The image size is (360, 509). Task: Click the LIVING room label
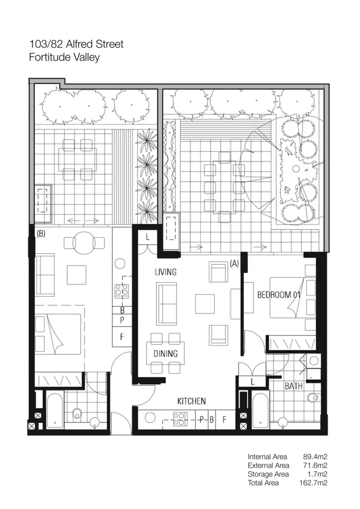coord(166,272)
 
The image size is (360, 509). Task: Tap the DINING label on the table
coord(166,354)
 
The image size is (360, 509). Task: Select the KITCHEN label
coord(192,401)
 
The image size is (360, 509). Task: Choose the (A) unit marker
coord(235,263)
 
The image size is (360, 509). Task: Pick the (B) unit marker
coord(41,234)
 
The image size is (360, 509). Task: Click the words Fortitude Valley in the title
coord(64,57)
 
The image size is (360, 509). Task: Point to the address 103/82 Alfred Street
coord(76,44)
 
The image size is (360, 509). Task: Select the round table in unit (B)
coord(84,241)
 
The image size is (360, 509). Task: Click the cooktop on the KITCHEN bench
coord(180,419)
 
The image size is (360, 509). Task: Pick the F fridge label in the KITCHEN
coord(224,419)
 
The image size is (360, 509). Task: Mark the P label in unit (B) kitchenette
coord(122,320)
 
